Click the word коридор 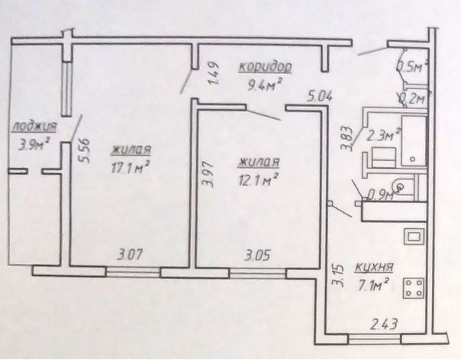click(265, 67)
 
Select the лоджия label click(34, 127)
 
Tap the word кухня click(374, 268)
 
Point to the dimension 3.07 click(130, 254)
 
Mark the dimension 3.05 click(257, 256)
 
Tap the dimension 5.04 click(320, 96)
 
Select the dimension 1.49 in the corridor click(214, 73)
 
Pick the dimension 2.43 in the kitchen click(384, 324)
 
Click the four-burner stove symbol click(414, 288)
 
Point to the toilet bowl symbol click(401, 185)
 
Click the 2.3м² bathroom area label click(383, 136)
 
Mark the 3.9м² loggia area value click(34, 144)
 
